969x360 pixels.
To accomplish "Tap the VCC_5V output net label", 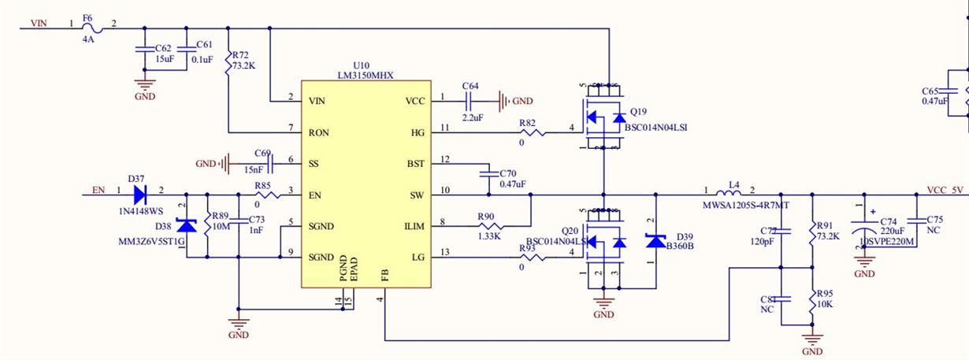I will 945,190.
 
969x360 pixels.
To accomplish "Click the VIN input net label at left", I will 39,24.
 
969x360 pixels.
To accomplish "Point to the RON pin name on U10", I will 319,132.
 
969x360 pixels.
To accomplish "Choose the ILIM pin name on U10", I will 414,227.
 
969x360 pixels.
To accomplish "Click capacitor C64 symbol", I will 470,101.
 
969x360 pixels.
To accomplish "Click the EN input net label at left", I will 98,190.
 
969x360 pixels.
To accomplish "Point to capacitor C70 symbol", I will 488,173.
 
